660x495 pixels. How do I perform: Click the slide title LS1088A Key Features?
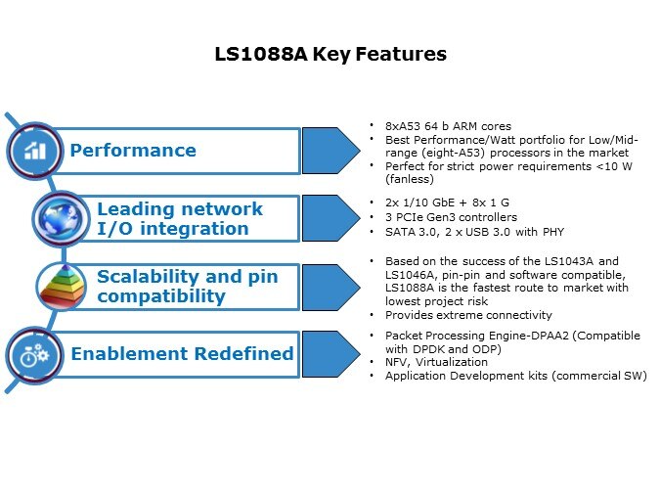tap(330, 54)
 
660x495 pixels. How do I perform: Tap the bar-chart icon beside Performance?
tap(35, 150)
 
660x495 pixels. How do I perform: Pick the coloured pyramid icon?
tap(61, 286)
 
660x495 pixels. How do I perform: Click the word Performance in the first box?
tap(132, 151)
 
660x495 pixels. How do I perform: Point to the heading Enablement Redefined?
tap(181, 353)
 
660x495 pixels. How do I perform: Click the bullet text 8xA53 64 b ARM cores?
tap(448, 126)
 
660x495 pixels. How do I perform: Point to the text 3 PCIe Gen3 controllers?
tap(451, 216)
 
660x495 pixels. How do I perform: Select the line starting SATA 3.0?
tap(475, 231)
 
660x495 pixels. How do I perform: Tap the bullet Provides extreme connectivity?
tap(468, 315)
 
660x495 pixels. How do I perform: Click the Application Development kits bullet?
tap(515, 376)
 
